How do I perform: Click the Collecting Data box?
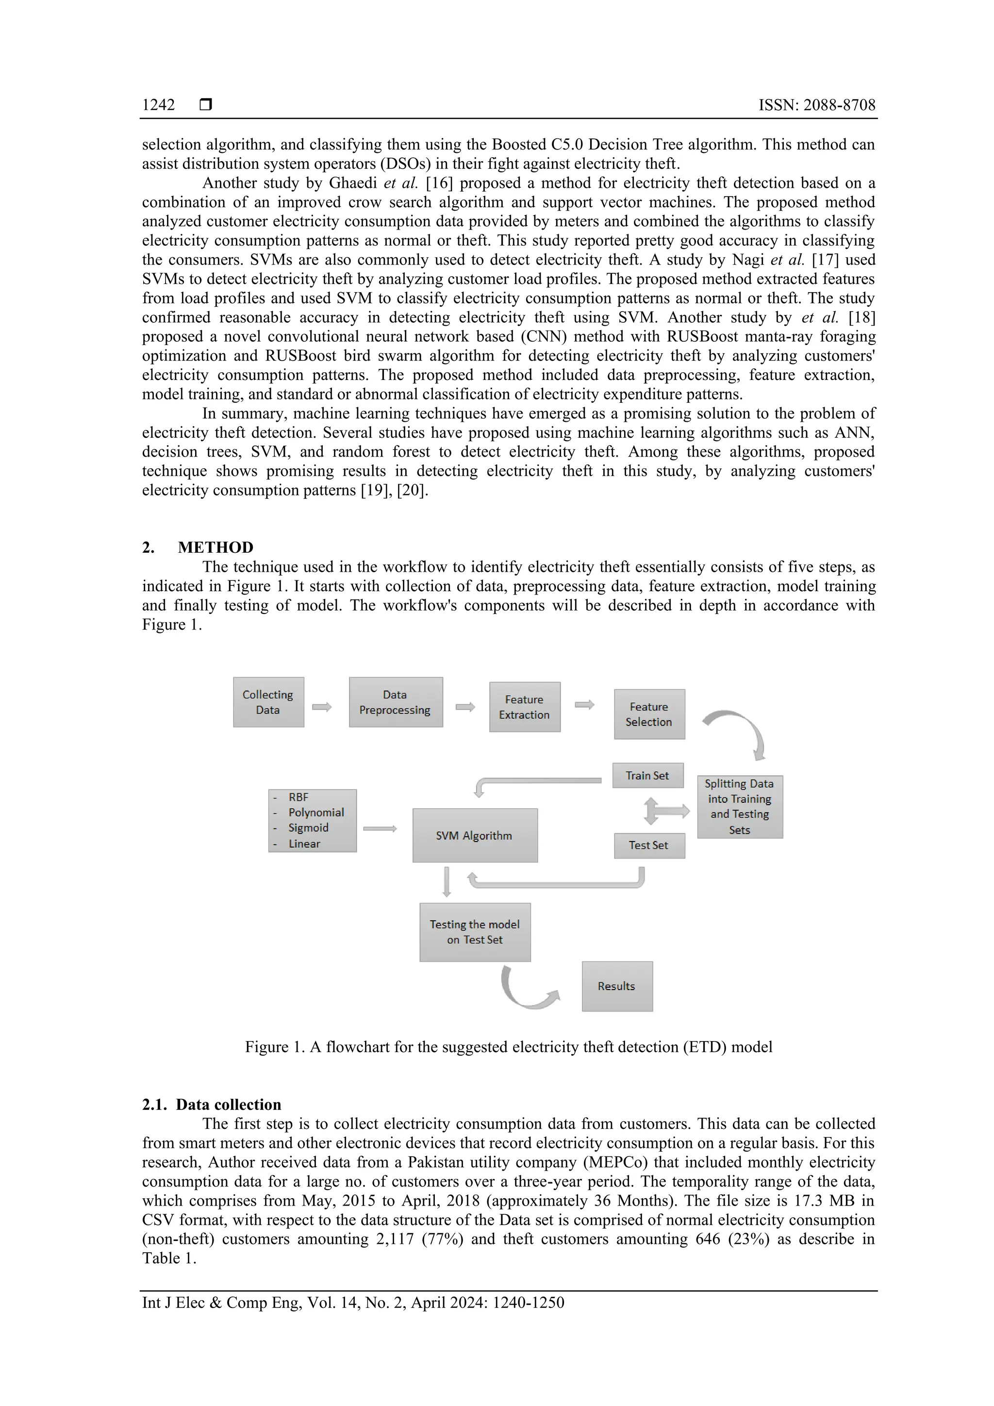pos(268,702)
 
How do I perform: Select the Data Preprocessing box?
pos(396,702)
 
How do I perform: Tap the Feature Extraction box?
pos(524,707)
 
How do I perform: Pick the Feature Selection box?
pos(649,714)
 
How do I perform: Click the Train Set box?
pos(647,775)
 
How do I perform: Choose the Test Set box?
pos(648,845)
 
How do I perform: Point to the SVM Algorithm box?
pos(475,835)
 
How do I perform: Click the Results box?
pos(617,986)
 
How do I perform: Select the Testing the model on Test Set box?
pos(475,932)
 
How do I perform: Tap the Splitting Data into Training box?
pos(739,807)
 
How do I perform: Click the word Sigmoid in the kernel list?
pos(309,828)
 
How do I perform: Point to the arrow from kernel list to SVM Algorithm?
pos(380,828)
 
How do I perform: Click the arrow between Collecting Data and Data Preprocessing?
pos(321,707)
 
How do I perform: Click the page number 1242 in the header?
pos(159,105)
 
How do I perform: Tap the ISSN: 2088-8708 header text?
pos(816,105)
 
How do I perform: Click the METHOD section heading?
pos(215,547)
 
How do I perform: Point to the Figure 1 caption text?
pos(508,1046)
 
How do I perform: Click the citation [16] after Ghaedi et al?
pos(438,183)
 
